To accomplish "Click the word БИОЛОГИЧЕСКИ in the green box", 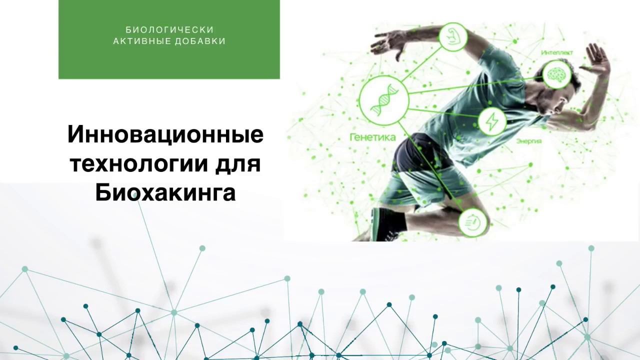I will [x=169, y=30].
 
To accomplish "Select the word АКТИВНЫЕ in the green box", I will [x=142, y=41].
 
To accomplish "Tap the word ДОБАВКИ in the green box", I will [x=200, y=41].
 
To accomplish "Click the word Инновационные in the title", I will [x=165, y=135].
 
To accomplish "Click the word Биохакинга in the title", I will [x=165, y=192].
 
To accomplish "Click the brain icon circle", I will [x=556, y=74].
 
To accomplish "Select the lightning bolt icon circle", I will [x=492, y=121].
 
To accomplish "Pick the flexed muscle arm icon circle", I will [x=453, y=37].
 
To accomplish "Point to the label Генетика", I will [x=372, y=137].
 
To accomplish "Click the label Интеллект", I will [x=556, y=52].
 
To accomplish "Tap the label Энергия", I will [x=529, y=141].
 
